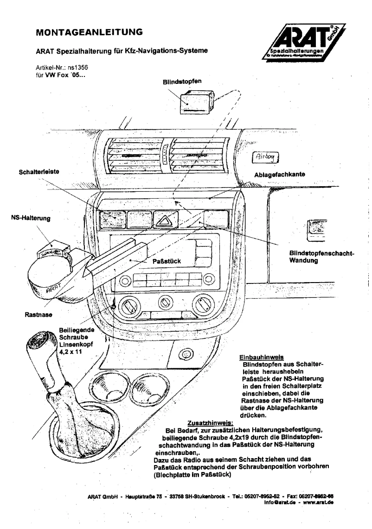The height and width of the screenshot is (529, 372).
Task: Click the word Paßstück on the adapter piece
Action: coord(167,261)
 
